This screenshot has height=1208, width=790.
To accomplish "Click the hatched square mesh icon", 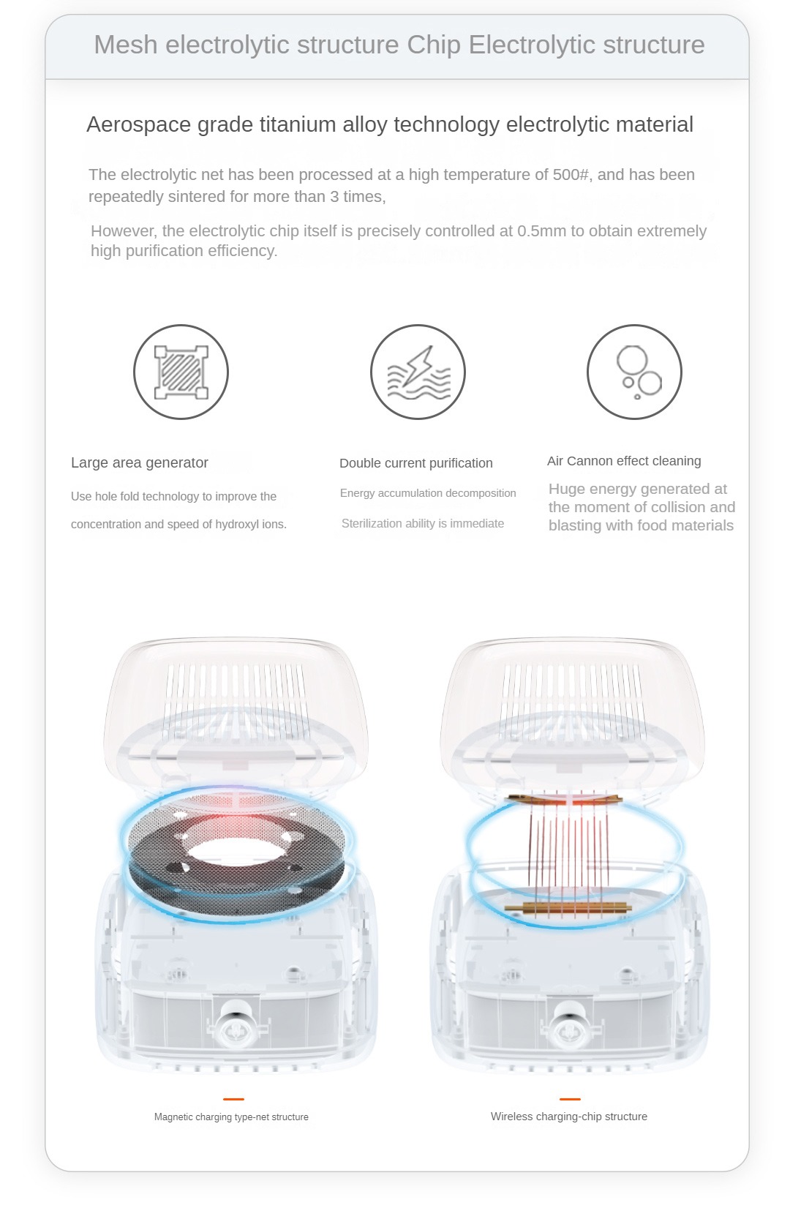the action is [181, 372].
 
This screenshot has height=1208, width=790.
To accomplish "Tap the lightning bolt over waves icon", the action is [418, 372].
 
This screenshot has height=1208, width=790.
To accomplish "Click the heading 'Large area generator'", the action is [139, 462].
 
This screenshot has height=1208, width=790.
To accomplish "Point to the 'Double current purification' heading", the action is [415, 462].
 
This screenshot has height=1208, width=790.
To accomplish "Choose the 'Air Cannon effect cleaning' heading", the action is [624, 460].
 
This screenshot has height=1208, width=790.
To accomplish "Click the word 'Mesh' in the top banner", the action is [126, 44].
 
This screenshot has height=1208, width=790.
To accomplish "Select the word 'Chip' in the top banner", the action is [434, 45].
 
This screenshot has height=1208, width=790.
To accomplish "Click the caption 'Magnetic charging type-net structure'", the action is [231, 1117].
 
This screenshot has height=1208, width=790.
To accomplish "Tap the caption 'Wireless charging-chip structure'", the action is [569, 1117].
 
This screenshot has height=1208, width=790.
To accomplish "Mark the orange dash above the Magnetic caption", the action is [233, 1098].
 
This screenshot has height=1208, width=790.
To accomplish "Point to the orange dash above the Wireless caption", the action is [570, 1098].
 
